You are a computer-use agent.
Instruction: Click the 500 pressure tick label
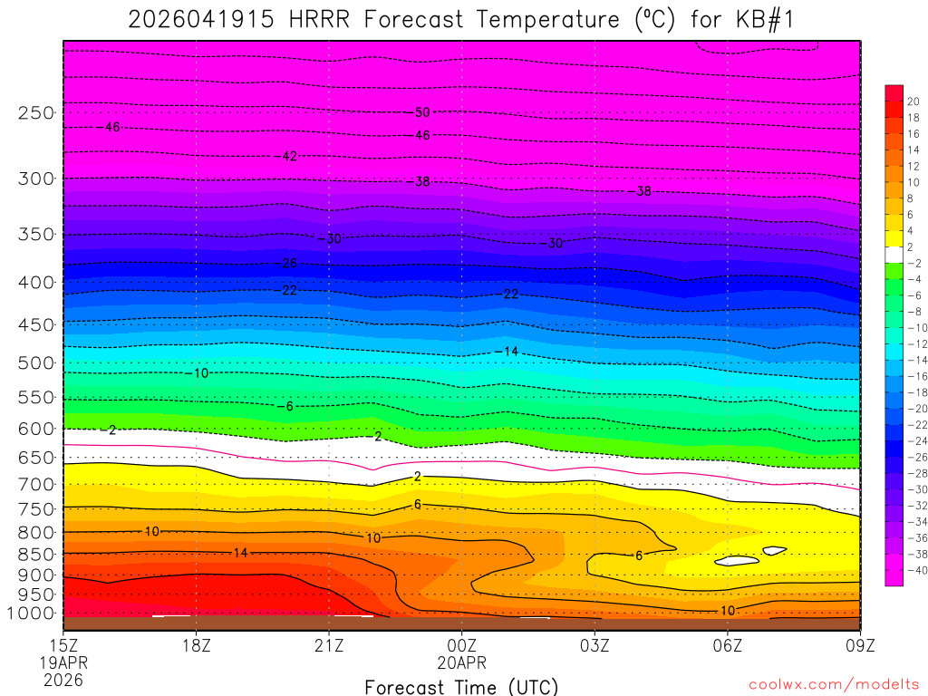pyautogui.click(x=36, y=363)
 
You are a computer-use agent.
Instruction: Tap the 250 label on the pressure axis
pyautogui.click(x=36, y=113)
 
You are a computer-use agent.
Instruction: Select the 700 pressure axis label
pyautogui.click(x=36, y=485)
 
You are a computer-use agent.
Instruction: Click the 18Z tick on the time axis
pyautogui.click(x=197, y=646)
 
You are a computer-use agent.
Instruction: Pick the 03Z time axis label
pyautogui.click(x=595, y=646)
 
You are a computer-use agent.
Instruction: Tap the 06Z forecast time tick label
pyautogui.click(x=728, y=646)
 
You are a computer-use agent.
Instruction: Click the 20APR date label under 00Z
pyautogui.click(x=462, y=662)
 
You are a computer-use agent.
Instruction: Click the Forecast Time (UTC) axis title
pyautogui.click(x=461, y=686)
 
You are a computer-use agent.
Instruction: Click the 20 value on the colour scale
pyautogui.click(x=913, y=101)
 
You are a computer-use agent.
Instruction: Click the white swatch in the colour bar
pyautogui.click(x=894, y=255)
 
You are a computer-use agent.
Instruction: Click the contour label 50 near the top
pyautogui.click(x=422, y=113)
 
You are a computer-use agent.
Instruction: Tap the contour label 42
pyautogui.click(x=289, y=156)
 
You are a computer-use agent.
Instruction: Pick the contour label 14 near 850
pyautogui.click(x=240, y=553)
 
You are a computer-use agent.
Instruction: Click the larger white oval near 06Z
pyautogui.click(x=736, y=561)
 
